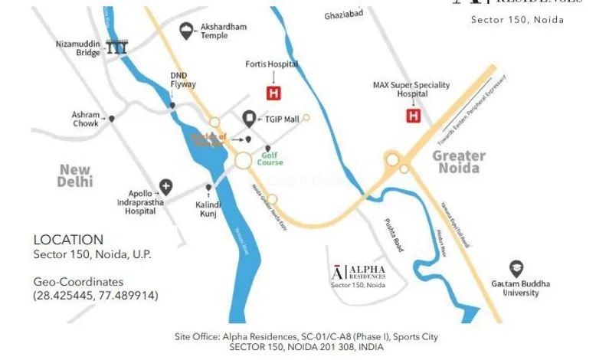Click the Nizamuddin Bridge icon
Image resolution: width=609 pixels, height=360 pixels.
(x=117, y=47)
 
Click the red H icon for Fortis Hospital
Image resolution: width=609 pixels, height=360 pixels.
(x=273, y=93)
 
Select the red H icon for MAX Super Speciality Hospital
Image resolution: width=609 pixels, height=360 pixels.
(x=414, y=116)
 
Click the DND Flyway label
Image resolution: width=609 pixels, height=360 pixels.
(x=183, y=80)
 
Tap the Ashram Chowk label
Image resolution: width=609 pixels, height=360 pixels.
(x=86, y=119)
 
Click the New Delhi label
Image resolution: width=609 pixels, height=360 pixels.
(x=75, y=175)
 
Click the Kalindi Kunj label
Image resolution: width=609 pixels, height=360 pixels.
(x=207, y=208)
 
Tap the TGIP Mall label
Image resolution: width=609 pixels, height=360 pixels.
(x=282, y=119)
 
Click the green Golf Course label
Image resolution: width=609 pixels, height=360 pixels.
(x=270, y=159)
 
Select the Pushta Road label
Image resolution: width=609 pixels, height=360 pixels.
(x=393, y=235)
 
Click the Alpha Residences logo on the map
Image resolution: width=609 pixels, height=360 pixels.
(x=359, y=273)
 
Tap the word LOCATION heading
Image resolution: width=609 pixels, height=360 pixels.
(x=68, y=240)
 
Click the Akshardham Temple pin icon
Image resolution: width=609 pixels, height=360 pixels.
(x=185, y=31)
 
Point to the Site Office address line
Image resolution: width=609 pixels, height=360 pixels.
(x=306, y=336)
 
